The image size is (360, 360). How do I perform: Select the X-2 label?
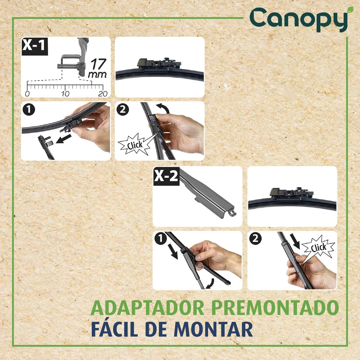[166, 176]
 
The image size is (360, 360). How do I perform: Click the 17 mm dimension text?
[98, 68]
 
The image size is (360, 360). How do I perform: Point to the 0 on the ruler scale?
[27, 94]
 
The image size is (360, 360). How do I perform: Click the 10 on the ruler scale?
[65, 94]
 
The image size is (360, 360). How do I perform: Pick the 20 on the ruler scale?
[103, 94]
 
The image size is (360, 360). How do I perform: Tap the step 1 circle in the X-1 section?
[29, 109]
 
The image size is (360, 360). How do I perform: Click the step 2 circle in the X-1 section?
[122, 109]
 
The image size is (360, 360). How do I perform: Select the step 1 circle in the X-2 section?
[160, 239]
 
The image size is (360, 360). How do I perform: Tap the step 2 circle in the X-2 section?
[255, 239]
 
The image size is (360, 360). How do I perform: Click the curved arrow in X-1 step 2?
[163, 108]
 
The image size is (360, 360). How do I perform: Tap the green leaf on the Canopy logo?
[350, 9]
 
